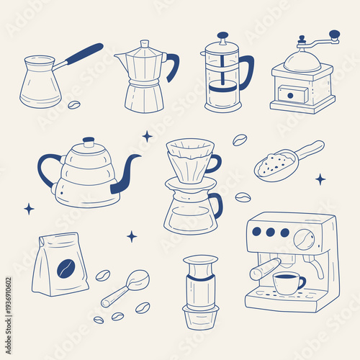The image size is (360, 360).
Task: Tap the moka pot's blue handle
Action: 173,66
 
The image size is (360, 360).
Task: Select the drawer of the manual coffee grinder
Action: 292,94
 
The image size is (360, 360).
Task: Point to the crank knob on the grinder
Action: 333,34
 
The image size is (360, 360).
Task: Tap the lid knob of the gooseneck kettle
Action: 88,141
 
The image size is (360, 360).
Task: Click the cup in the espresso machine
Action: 288,283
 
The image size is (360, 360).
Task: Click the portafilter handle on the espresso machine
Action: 264,269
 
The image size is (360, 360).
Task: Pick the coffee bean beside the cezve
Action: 73,105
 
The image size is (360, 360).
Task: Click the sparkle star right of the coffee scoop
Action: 320,179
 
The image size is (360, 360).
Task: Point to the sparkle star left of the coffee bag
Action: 29,209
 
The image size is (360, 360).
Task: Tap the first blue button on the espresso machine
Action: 258,232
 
